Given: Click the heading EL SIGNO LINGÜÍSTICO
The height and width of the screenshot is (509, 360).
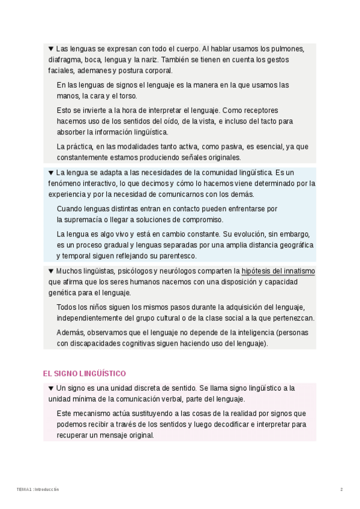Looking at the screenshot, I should coord(84,373).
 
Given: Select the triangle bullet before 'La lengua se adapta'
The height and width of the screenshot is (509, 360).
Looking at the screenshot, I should coord(51,173).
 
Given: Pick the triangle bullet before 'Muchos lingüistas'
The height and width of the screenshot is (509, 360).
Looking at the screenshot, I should coord(51,271).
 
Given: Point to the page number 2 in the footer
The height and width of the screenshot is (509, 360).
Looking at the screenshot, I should coord(341,490).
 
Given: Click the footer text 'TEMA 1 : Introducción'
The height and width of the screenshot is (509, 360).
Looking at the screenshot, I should coord(38,490).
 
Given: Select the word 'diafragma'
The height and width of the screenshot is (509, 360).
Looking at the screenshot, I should coord(64,60).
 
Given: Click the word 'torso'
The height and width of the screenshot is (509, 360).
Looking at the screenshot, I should coord(128,96).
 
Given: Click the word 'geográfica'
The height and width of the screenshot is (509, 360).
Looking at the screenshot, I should coord(292,245).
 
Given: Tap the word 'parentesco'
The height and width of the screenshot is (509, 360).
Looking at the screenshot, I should coord(179,256).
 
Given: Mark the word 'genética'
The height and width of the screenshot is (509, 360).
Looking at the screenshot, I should coord(62,293).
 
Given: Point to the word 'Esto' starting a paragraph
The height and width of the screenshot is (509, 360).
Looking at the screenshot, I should coord(64,110).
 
